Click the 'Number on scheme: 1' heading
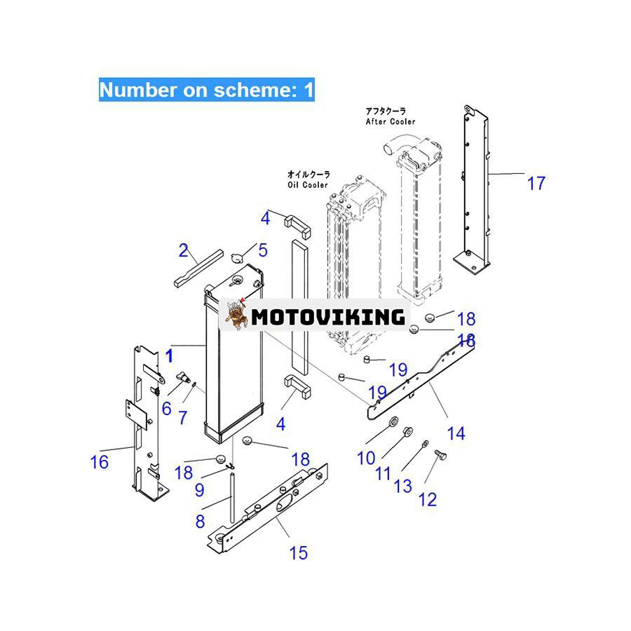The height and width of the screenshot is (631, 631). pyautogui.click(x=206, y=90)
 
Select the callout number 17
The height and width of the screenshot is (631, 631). pyautogui.click(x=536, y=184)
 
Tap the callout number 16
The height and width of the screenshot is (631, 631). pyautogui.click(x=100, y=462)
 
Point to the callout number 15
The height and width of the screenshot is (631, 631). pyautogui.click(x=298, y=552)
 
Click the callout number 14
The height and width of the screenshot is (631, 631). pyautogui.click(x=456, y=434)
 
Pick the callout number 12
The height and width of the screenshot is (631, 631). pyautogui.click(x=427, y=499)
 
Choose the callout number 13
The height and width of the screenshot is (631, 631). pyautogui.click(x=403, y=485)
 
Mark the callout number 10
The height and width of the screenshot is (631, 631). pyautogui.click(x=366, y=459)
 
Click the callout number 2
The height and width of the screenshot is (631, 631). pyautogui.click(x=184, y=250)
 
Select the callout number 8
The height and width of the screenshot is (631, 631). pyautogui.click(x=201, y=521)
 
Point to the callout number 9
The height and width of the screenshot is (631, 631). pyautogui.click(x=200, y=490)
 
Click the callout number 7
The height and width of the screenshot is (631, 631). pyautogui.click(x=182, y=418)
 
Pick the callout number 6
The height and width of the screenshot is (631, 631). pyautogui.click(x=166, y=407)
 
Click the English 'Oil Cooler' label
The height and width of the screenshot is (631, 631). pyautogui.click(x=307, y=185)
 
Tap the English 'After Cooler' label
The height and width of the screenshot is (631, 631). pyautogui.click(x=390, y=121)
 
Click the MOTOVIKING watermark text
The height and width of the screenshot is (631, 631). pyautogui.click(x=327, y=316)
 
